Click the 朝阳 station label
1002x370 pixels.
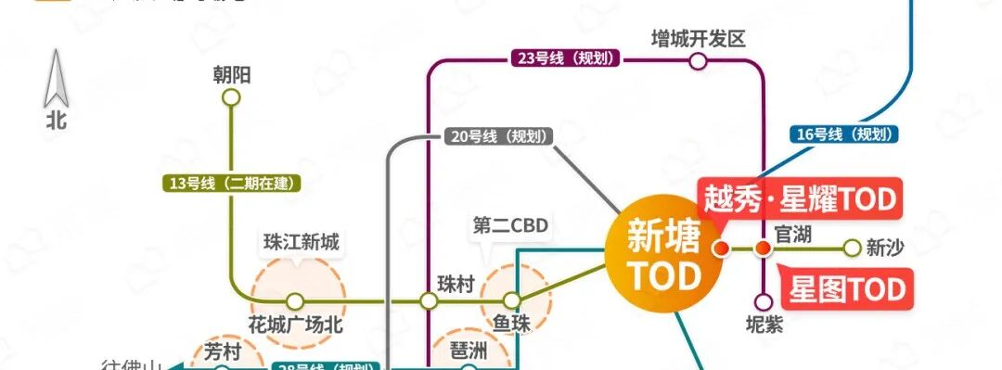tap(232, 75)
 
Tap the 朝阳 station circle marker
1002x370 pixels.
tap(232, 96)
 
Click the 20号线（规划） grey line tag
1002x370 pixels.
tap(497, 136)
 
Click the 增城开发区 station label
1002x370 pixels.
tap(699, 39)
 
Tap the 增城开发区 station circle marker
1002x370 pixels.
tap(698, 61)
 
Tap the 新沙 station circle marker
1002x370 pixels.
tap(852, 249)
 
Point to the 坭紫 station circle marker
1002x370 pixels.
tap(763, 301)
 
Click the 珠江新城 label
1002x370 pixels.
tap(302, 244)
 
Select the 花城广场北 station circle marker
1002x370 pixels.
tap(294, 301)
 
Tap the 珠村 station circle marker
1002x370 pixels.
tap(429, 301)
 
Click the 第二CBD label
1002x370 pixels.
tap(510, 225)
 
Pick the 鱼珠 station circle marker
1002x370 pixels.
tap(512, 301)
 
